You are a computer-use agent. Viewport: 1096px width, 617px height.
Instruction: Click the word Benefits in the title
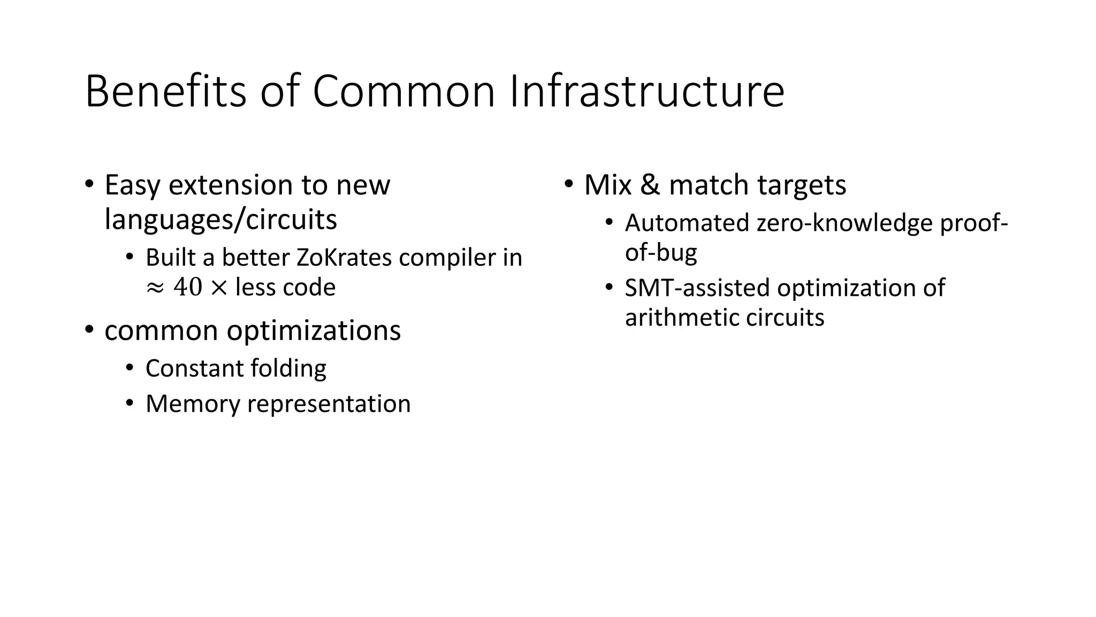(165, 92)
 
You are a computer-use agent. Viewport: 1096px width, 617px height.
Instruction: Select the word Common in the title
(404, 92)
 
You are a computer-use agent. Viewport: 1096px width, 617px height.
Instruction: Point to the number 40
(187, 288)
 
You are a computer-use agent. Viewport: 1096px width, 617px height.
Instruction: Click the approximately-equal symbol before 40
(154, 288)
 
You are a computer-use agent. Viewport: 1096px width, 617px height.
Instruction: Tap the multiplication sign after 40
(218, 288)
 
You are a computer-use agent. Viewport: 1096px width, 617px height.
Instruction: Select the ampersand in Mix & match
(650, 185)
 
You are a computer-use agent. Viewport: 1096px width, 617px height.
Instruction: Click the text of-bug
(661, 252)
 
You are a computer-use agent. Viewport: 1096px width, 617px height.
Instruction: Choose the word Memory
(193, 404)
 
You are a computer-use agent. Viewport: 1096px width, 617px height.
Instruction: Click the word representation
(329, 404)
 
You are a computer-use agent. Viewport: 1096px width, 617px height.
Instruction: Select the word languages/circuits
(220, 220)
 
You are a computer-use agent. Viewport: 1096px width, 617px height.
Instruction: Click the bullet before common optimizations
(89, 329)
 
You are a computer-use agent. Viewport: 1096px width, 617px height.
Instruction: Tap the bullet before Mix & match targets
(568, 184)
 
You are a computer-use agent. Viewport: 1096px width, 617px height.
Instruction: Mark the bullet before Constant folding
(130, 368)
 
